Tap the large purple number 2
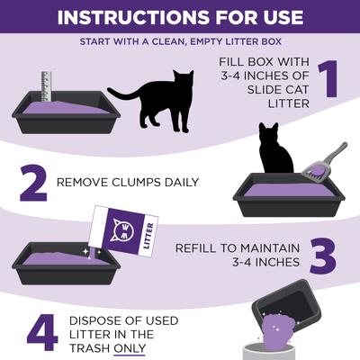coord(32,183)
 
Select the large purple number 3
coord(323,255)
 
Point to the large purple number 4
coord(41,333)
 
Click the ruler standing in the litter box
coord(46,86)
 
